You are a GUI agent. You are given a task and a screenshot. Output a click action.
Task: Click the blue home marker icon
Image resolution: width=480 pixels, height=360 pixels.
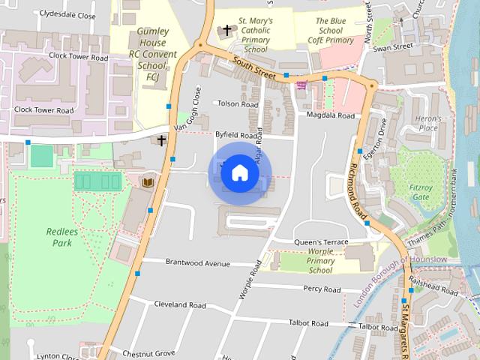[x=239, y=173]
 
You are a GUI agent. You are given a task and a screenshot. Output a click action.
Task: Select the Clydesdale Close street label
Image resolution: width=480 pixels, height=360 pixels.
[x=68, y=15]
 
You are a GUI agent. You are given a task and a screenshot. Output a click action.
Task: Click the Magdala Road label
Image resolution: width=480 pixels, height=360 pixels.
[x=330, y=115]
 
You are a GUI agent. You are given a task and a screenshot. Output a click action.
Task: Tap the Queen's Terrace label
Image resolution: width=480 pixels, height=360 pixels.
[x=322, y=242]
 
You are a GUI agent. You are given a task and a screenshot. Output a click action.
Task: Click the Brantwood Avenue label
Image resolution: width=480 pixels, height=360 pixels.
[x=196, y=263]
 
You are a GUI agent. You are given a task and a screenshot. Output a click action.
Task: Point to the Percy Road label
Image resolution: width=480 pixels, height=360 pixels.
[x=322, y=289]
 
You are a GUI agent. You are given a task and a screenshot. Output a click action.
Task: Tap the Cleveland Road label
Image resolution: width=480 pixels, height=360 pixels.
[x=179, y=305]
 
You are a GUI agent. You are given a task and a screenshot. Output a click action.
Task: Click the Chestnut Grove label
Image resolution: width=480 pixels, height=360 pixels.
[x=148, y=352]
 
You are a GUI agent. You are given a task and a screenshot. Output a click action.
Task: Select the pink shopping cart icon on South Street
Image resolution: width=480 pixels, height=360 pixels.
[x=301, y=85]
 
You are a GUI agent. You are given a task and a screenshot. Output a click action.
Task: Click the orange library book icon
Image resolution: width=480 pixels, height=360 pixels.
[x=147, y=181]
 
